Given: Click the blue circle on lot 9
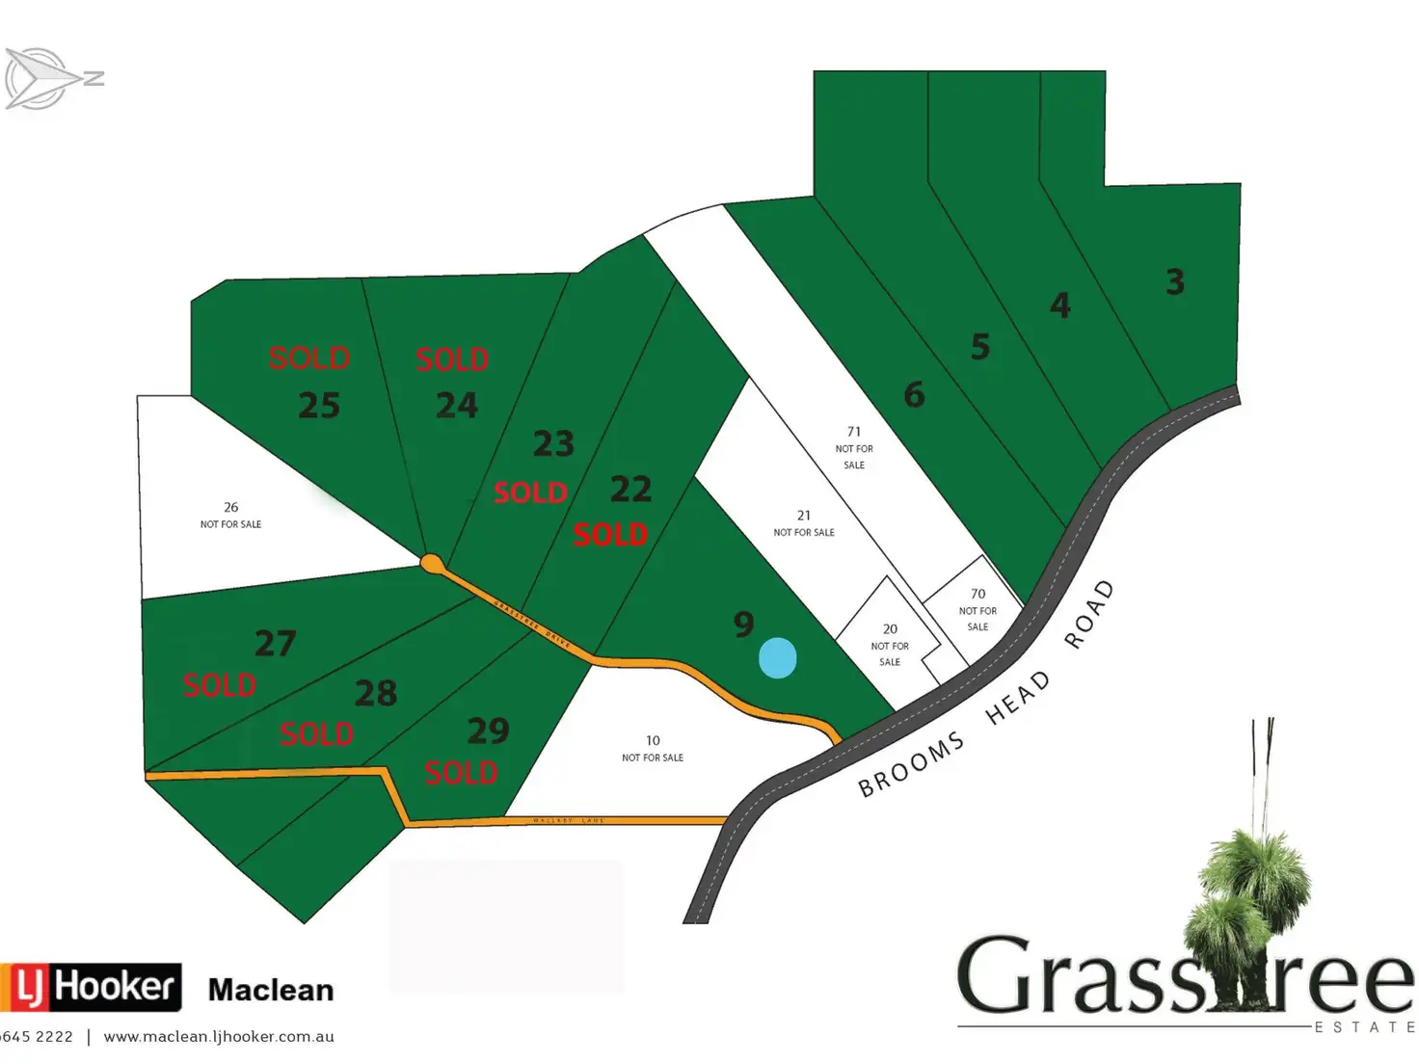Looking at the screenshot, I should [x=777, y=658].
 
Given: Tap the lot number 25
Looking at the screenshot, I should [x=319, y=406].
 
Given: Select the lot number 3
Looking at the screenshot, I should [x=1174, y=282].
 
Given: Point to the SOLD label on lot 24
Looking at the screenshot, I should [x=451, y=359].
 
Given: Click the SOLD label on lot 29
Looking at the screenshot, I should [x=461, y=772].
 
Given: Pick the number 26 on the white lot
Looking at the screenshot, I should [x=230, y=507].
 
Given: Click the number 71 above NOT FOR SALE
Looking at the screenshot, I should [x=854, y=432].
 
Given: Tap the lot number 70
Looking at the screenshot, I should [x=977, y=594].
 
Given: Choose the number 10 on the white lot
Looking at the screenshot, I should [x=653, y=740].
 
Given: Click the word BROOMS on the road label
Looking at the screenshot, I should [x=911, y=764].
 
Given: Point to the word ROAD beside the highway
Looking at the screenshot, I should [x=1089, y=614].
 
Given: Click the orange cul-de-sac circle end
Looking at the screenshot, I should [x=431, y=562].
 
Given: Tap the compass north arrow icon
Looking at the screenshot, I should [x=48, y=78].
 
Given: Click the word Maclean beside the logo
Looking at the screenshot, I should [x=271, y=990].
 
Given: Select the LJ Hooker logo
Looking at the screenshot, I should [x=92, y=987].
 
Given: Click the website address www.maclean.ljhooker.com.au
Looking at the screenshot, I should [x=219, y=1037].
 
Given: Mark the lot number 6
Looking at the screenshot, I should [x=914, y=394].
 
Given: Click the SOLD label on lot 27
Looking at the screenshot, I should [x=220, y=685].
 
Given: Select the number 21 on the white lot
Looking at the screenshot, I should [x=804, y=516].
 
